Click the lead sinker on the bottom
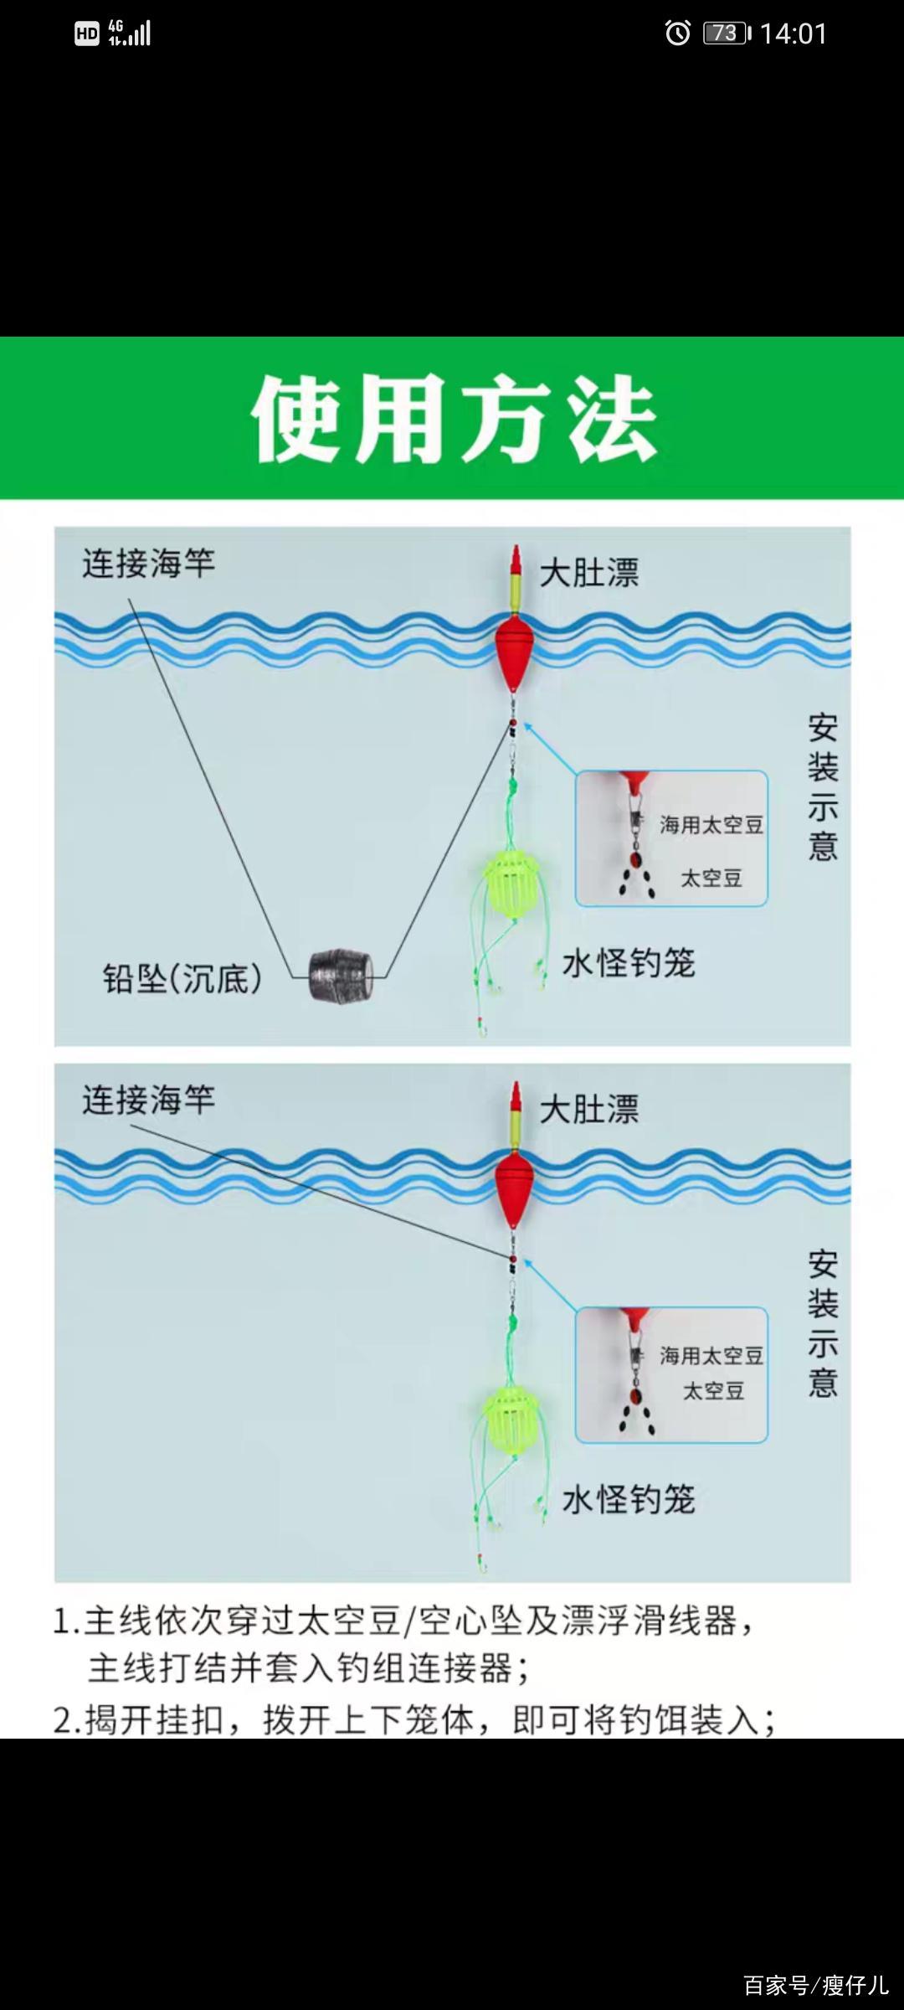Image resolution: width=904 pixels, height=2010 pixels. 340,975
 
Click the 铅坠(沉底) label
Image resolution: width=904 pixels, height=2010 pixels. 182,978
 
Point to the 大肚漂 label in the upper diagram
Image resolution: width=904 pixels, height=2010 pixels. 589,574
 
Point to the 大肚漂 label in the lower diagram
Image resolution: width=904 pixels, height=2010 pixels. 589,1110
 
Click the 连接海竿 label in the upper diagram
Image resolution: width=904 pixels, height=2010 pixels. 149,564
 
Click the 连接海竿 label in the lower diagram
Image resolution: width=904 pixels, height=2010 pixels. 149,1100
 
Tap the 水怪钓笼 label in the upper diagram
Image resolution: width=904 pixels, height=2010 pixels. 629,963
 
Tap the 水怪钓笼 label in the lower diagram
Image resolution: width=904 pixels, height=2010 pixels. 629,1499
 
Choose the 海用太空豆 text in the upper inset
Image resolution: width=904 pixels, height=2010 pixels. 711,825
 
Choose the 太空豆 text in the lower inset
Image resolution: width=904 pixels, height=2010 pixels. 714,1391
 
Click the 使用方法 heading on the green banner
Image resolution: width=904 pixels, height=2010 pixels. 454,419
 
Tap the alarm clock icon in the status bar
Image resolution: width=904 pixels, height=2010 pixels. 677,33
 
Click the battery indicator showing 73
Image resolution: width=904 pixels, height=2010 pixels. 727,33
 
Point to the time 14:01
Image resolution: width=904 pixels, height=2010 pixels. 794,33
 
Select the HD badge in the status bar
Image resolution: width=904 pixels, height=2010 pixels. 87,33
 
